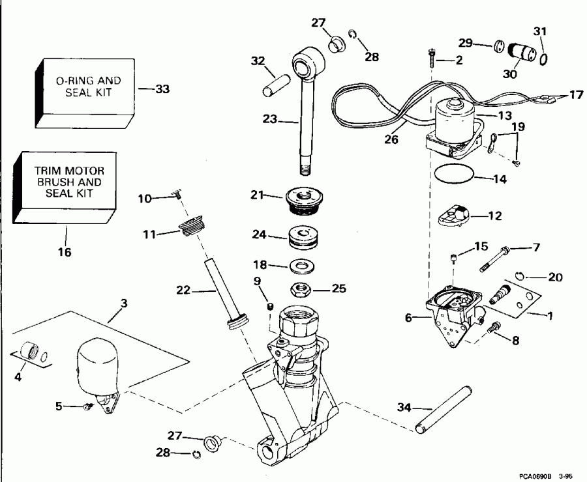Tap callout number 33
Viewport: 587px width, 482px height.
[x=162, y=89]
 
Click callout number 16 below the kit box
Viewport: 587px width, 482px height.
[x=66, y=251]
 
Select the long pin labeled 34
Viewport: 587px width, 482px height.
[x=442, y=410]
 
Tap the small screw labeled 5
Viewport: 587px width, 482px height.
[x=87, y=406]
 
